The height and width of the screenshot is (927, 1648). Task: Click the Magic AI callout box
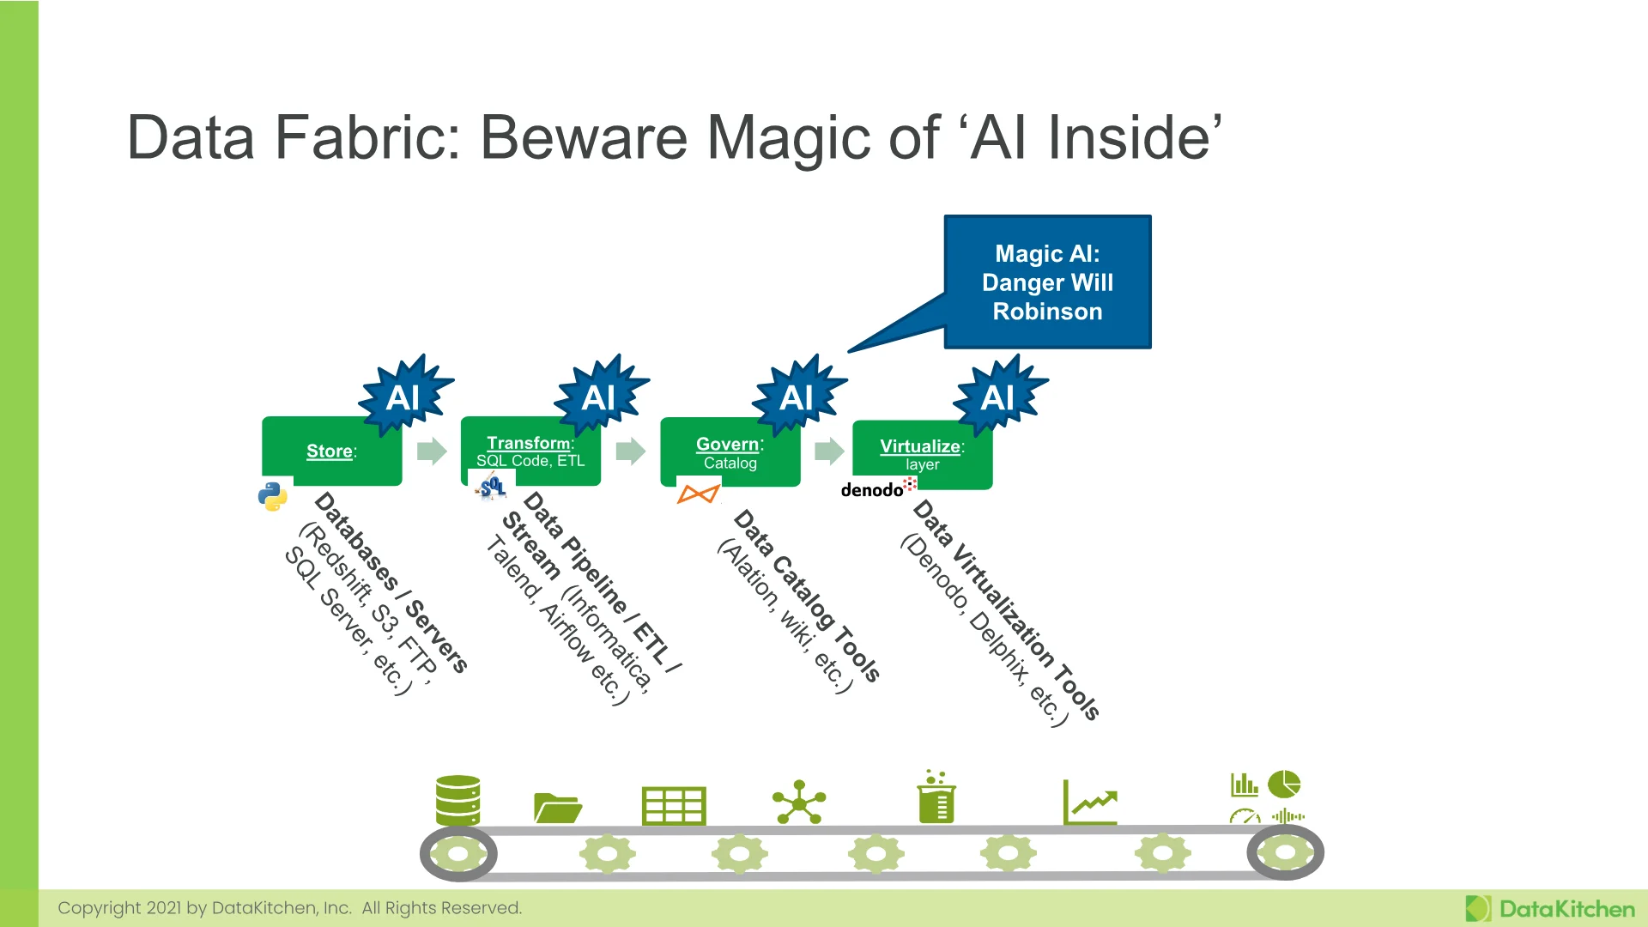click(1047, 282)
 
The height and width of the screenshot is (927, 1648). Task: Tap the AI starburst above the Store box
click(405, 396)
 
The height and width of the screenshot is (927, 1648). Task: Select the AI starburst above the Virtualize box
click(1000, 396)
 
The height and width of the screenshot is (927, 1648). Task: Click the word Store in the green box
click(330, 451)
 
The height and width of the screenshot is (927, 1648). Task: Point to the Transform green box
click(530, 451)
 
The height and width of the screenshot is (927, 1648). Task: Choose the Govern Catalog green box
click(730, 452)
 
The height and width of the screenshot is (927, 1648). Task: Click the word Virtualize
click(920, 446)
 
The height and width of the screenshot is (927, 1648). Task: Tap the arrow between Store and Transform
click(433, 451)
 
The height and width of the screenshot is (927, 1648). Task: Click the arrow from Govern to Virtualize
click(830, 451)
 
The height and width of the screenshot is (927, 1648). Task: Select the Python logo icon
click(273, 495)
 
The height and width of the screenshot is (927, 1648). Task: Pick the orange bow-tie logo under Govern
click(698, 494)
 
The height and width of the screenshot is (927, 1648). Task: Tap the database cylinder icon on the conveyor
click(457, 800)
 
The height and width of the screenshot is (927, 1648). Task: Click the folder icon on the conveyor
click(558, 808)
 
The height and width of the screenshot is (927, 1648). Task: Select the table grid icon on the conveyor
click(674, 805)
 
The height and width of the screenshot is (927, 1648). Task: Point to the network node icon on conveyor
click(799, 802)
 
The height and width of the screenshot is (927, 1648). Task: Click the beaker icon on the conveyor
click(936, 797)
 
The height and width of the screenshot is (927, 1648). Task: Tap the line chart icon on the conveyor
click(1090, 802)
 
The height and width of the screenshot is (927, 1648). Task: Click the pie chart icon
click(1285, 784)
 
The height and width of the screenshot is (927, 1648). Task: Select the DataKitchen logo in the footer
click(1550, 909)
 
